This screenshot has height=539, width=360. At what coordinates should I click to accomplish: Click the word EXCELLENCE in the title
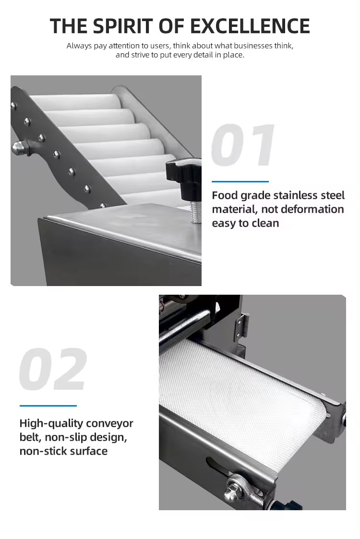click(254, 25)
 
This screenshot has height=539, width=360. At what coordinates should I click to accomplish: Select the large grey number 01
click(244, 146)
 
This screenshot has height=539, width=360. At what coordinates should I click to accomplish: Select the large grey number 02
click(53, 370)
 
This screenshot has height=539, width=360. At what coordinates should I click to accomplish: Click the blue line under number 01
click(240, 182)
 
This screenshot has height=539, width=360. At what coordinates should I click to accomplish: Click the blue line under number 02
click(48, 406)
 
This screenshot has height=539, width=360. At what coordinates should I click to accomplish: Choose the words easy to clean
click(245, 223)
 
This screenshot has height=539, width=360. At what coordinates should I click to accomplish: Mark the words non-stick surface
click(63, 451)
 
